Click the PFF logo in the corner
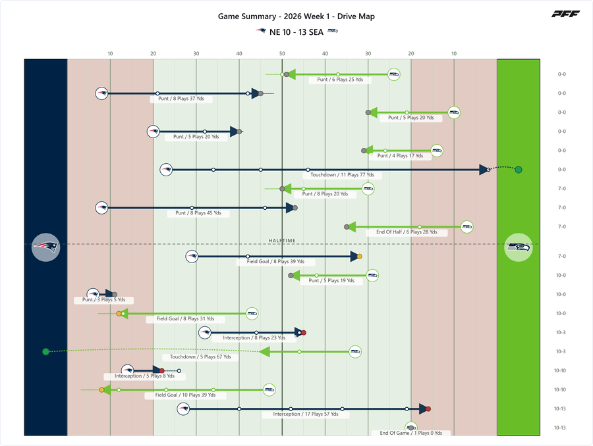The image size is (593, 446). point(565,14)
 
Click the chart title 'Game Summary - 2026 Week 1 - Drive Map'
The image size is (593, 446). point(296,16)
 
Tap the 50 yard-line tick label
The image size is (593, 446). point(282,54)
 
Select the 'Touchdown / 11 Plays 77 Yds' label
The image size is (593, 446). point(342,175)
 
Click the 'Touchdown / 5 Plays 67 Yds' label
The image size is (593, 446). point(200,357)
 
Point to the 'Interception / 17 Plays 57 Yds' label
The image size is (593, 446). point(306,414)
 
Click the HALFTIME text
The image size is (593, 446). point(282,241)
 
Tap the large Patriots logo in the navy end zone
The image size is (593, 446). point(45,247)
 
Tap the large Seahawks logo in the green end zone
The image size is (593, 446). point(519,247)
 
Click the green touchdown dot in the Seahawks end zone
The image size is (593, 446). point(519,170)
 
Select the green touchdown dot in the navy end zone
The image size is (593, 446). point(45,352)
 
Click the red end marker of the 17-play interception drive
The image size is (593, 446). point(428,409)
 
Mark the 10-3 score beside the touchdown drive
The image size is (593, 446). point(561,351)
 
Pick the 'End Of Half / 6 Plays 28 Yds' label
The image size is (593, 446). point(407,232)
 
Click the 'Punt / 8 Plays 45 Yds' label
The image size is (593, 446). point(198,213)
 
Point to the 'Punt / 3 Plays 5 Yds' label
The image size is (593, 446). point(103,300)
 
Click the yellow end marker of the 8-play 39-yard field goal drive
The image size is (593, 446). point(360,257)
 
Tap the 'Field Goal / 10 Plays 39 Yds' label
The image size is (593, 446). point(185,395)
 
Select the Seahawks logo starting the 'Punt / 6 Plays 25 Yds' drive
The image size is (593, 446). point(394,74)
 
